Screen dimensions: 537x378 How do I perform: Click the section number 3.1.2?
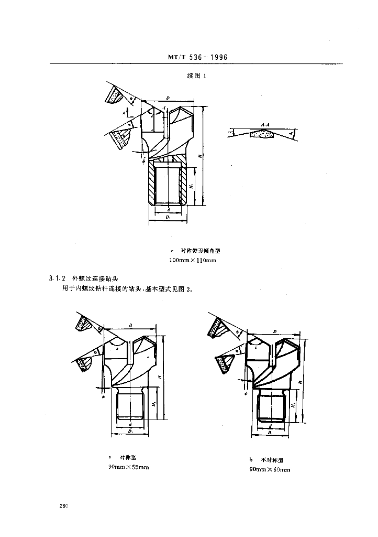(53, 278)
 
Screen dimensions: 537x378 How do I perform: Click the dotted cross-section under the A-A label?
(262, 134)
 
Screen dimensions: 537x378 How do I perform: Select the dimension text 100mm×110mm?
(193, 260)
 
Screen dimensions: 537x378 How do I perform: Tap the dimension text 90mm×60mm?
(270, 469)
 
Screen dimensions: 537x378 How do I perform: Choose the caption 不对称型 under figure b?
(273, 460)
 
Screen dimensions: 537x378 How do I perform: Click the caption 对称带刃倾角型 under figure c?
(196, 251)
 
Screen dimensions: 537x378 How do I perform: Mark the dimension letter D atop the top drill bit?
(167, 98)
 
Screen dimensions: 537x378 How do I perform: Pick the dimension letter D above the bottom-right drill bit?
(274, 331)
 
